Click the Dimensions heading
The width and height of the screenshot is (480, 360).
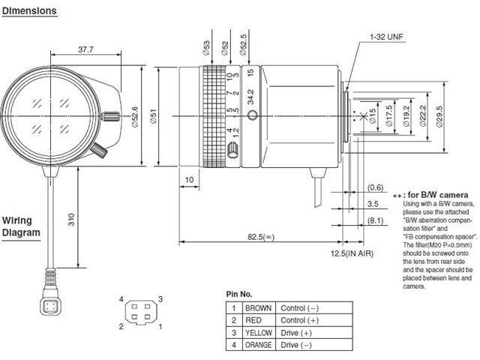29,11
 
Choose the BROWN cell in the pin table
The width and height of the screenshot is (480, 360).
259,308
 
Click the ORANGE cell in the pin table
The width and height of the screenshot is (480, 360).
259,344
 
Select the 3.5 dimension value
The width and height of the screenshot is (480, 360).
373,203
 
